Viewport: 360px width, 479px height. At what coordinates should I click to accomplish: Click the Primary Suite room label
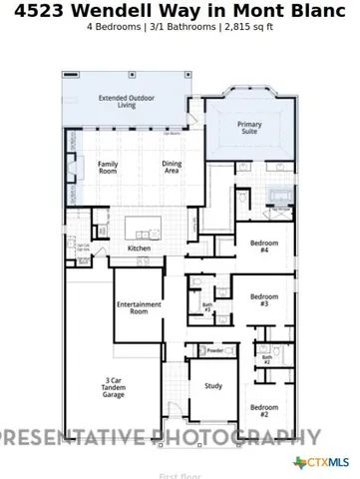tap(249, 129)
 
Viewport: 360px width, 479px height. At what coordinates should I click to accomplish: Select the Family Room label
tap(107, 168)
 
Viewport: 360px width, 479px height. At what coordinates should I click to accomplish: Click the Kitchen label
tap(139, 248)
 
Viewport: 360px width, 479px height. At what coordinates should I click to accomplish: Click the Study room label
tap(213, 385)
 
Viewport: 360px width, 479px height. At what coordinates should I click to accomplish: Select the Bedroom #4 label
tap(264, 247)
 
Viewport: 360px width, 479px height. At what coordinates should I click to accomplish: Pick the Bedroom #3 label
tap(264, 299)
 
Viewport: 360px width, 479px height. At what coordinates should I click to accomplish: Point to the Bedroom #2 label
tap(264, 410)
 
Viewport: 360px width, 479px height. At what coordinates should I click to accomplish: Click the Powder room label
tap(214, 351)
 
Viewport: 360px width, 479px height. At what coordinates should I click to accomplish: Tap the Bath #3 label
tap(207, 308)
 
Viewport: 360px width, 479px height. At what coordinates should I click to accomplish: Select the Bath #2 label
tap(266, 359)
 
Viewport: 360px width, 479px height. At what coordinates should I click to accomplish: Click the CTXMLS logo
tap(321, 462)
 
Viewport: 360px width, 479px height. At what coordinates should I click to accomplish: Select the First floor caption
tap(180, 476)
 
